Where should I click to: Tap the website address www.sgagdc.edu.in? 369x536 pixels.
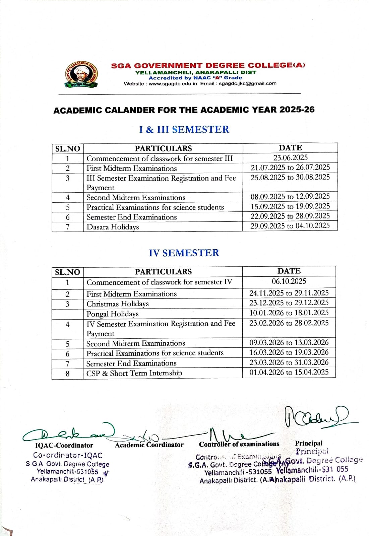173,83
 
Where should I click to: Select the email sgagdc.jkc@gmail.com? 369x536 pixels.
248,83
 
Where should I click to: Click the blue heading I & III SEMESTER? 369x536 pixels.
184,129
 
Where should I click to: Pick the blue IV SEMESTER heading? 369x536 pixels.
184,253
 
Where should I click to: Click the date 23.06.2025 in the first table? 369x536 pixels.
290,158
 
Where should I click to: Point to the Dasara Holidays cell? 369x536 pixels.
113,227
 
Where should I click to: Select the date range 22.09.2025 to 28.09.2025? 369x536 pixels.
290,216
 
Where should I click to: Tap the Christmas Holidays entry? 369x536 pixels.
117,304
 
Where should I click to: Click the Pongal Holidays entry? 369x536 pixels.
112,314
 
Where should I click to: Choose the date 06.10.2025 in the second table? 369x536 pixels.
289,281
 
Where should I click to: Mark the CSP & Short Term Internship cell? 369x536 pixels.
134,373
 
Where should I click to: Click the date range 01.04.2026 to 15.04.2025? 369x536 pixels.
289,372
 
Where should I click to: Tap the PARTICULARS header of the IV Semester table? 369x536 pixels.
163,272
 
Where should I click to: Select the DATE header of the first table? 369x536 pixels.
290,148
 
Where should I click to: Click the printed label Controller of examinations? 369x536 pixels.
239,444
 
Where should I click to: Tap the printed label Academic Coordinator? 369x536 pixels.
149,445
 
